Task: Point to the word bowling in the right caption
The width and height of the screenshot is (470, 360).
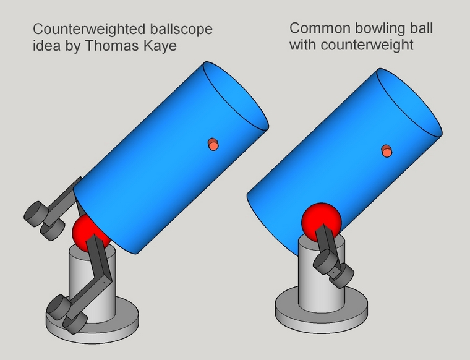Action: (379, 29)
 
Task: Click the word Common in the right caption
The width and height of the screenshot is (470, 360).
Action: (320, 28)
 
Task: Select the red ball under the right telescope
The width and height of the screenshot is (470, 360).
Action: (322, 223)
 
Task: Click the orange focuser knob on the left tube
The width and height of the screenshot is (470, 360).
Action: (213, 145)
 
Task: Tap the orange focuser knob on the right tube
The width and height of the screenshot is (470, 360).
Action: (387, 151)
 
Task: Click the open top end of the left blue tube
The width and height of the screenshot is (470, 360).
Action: (236, 95)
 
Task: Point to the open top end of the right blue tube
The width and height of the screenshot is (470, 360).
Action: (409, 103)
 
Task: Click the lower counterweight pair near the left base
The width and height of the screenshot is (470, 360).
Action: (67, 314)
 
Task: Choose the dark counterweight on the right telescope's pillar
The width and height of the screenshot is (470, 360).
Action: (333, 268)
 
